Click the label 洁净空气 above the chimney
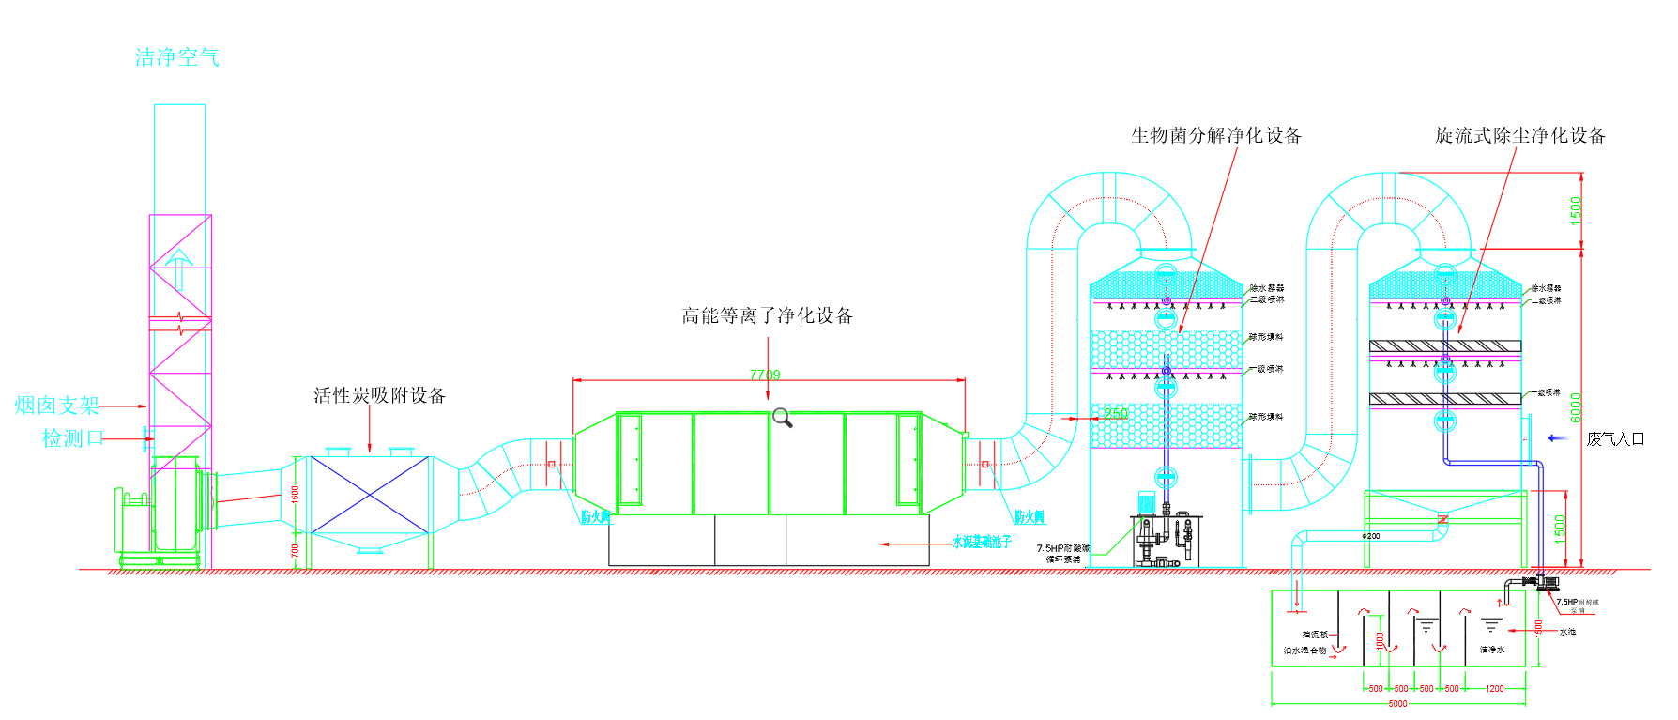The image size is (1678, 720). click(x=177, y=58)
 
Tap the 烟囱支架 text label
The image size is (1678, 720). click(x=57, y=406)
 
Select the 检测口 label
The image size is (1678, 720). click(x=71, y=438)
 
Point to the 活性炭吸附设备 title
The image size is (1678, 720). click(x=379, y=396)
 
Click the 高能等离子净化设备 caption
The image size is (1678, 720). click(x=767, y=316)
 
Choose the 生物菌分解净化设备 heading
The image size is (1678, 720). click(x=1215, y=136)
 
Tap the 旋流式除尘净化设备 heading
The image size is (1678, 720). click(x=1519, y=136)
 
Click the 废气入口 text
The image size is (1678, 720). click(x=1614, y=438)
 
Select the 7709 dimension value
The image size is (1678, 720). click(x=765, y=375)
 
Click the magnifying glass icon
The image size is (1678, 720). click(x=783, y=418)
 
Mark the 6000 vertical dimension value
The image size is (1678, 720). click(x=1577, y=406)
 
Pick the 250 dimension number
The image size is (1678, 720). click(x=1115, y=413)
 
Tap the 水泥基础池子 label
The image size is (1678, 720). click(x=982, y=543)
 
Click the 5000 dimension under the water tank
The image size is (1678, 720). click(x=1397, y=703)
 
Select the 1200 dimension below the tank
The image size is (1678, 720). click(x=1495, y=689)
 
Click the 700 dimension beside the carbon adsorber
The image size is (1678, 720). click(x=296, y=551)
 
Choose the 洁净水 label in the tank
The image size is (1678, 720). click(x=1492, y=650)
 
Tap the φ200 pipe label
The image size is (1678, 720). click(x=1371, y=536)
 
